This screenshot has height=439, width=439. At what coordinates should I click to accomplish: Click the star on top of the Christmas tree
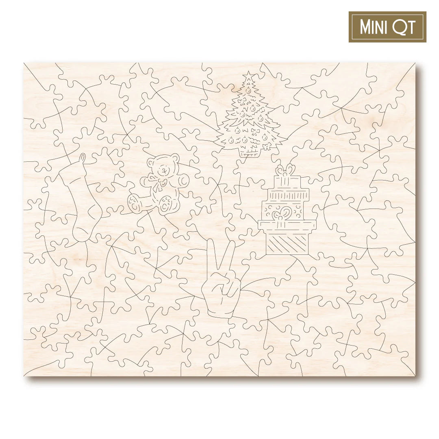[x=248, y=76]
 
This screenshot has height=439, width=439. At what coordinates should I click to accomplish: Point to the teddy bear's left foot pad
[x=135, y=202]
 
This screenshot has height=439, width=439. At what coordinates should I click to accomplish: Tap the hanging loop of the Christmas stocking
[x=83, y=159]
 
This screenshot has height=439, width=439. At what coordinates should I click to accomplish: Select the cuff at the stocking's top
[x=72, y=173]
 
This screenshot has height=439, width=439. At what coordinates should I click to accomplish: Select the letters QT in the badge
[x=405, y=27]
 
